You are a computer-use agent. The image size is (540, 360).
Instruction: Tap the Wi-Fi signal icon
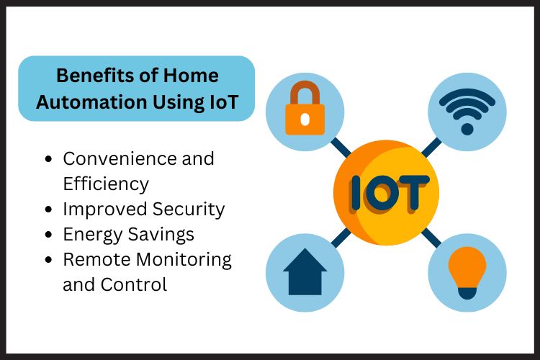click(x=467, y=109)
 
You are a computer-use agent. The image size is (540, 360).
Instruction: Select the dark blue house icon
click(x=305, y=272)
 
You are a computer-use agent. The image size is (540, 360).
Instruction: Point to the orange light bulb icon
click(x=467, y=272)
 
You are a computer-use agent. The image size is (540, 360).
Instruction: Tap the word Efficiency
click(x=105, y=184)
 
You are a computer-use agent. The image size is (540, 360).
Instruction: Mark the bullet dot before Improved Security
click(x=48, y=210)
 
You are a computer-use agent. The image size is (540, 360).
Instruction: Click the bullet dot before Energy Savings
click(x=48, y=235)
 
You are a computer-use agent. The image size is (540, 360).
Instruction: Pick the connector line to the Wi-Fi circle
click(x=431, y=147)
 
